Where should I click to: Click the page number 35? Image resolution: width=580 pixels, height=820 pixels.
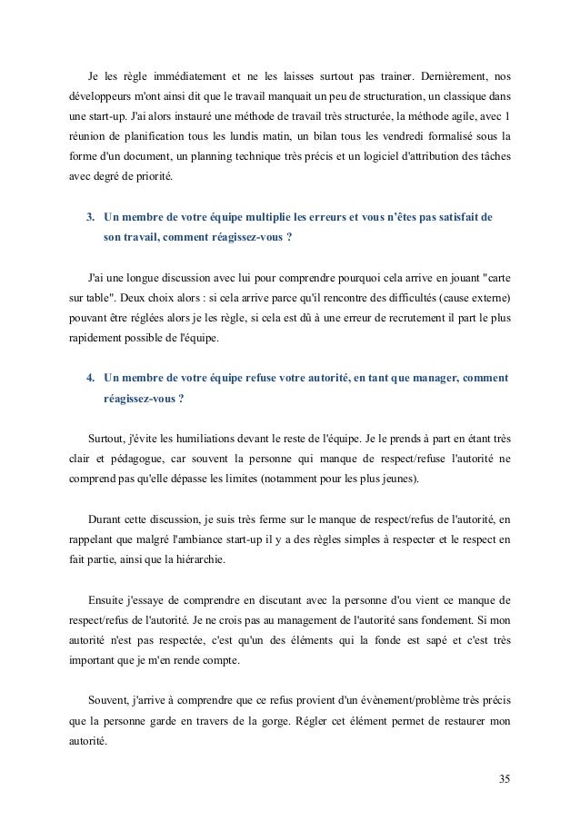504,778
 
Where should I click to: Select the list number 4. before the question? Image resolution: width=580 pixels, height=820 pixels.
90,377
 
